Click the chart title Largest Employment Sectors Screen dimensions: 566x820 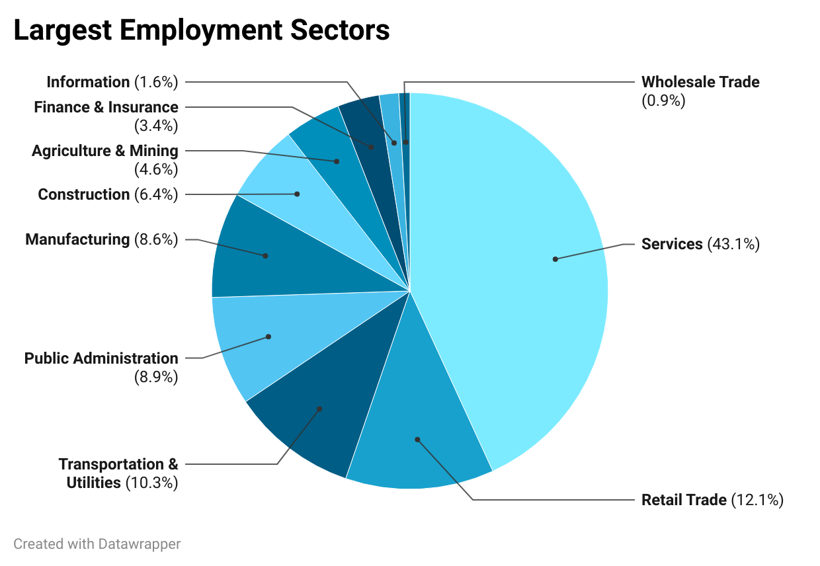[x=202, y=30]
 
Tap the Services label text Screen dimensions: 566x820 [x=672, y=244]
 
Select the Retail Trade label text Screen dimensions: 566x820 [x=684, y=500]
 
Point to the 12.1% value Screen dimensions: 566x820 [x=757, y=500]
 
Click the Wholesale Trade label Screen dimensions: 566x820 [x=700, y=82]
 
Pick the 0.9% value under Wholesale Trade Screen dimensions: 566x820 [x=663, y=101]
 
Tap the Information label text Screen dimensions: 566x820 [x=88, y=82]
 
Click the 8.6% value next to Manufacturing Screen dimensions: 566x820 [x=156, y=239]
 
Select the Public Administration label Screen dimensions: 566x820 [x=101, y=358]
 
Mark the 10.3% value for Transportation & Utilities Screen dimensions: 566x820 [x=151, y=483]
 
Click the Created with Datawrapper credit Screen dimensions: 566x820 [x=97, y=544]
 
